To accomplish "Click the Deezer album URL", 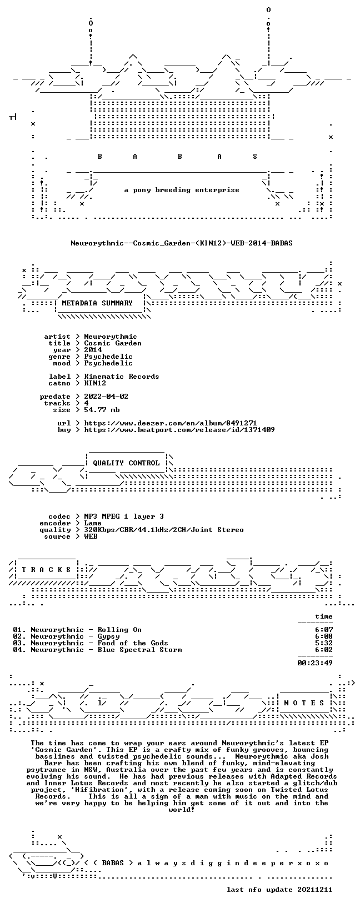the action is click(171, 423).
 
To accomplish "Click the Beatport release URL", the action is click(179, 429).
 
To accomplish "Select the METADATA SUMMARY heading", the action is click(97, 303).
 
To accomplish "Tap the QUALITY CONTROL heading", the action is click(126, 463).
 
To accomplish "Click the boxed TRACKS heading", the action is click(46, 569).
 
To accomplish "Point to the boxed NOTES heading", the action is click(304, 703).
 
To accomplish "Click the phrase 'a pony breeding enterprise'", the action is click(182, 190).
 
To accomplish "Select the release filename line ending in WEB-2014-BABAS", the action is click(182, 243).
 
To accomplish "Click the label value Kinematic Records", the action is click(122, 376).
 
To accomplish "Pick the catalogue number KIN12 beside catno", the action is click(95, 383).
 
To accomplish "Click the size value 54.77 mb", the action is click(102, 410).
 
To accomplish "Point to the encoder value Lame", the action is click(93, 523).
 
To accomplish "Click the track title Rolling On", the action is click(119, 629).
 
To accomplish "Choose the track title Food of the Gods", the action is click(133, 643).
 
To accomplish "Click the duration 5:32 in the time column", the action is click(324, 643).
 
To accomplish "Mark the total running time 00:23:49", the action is click(315, 663).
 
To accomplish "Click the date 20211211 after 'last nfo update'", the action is click(315, 889).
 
